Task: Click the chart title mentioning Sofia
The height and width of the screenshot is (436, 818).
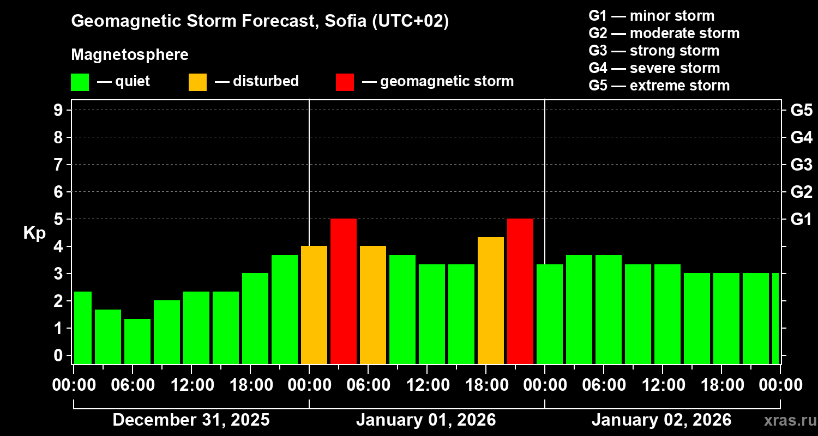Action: pos(260,21)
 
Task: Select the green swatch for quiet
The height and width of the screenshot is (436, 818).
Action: pos(80,82)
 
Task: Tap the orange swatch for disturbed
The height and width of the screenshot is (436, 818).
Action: pos(197,82)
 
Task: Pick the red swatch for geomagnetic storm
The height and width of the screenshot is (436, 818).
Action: pos(345,82)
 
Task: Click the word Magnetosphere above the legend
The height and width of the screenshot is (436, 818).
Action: pos(130,55)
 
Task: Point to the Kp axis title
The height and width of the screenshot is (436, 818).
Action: pos(34,233)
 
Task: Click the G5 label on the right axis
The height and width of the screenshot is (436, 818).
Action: pos(801,110)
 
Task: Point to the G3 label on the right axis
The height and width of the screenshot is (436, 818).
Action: pos(801,165)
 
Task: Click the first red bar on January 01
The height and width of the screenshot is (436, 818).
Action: pos(344,291)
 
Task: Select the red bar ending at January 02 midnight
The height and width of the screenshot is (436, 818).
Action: pos(520,291)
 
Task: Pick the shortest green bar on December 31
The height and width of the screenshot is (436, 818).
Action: pos(137,341)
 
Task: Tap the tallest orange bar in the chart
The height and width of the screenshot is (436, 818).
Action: pos(491,300)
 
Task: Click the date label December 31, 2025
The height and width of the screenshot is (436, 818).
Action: pos(191,420)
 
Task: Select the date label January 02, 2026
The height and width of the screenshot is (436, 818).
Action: pos(661,420)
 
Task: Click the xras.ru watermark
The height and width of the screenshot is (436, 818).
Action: pos(786,421)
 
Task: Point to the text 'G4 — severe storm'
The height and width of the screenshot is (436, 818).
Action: pos(654,68)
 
